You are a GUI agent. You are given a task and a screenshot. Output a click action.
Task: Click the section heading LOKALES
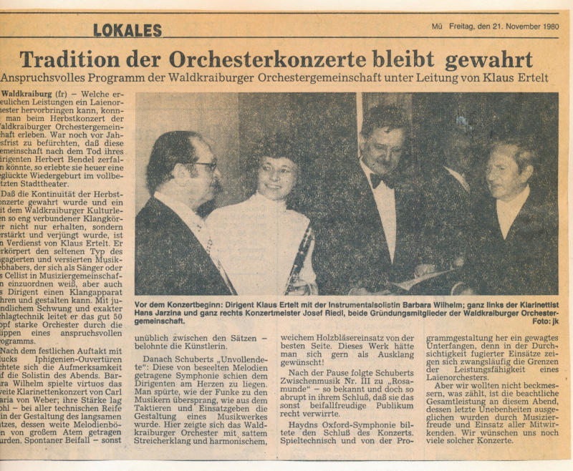(127, 30)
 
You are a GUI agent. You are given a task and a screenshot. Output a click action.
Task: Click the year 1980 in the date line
(546, 26)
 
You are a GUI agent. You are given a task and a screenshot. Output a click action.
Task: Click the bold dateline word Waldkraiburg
(27, 94)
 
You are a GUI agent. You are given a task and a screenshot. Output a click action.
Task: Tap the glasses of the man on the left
(205, 166)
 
